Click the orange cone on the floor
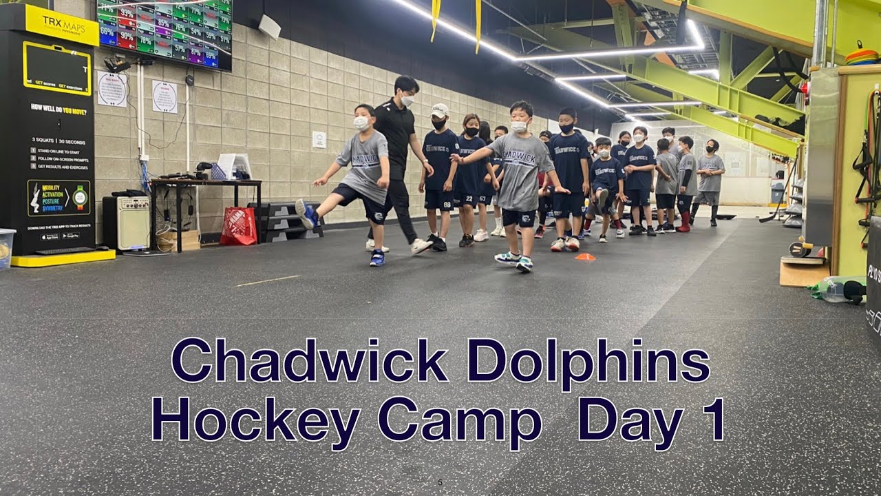click(585, 257)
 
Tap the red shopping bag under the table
click(239, 227)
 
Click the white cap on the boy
click(440, 109)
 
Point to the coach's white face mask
click(407, 101)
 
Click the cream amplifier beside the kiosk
click(134, 223)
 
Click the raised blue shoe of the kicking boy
click(306, 213)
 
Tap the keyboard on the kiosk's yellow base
click(66, 251)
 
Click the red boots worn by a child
click(684, 222)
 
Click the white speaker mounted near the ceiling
click(269, 26)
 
